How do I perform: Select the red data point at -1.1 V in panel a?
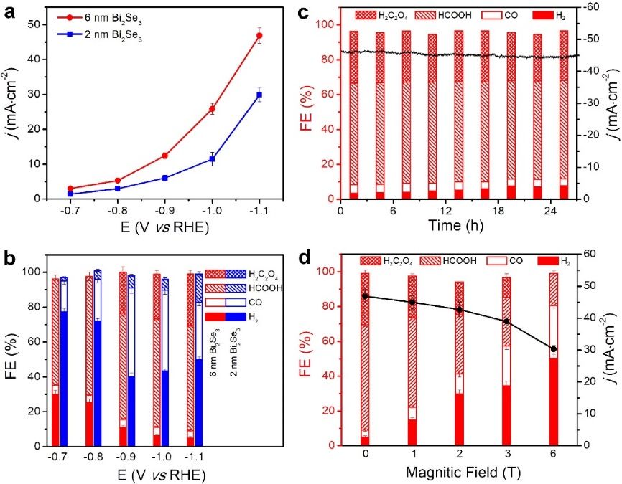point(259,35)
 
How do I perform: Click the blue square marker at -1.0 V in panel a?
point(212,158)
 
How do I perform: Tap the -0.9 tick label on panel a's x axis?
point(164,212)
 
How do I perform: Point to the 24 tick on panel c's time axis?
point(547,212)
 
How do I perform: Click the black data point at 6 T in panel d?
point(553,349)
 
